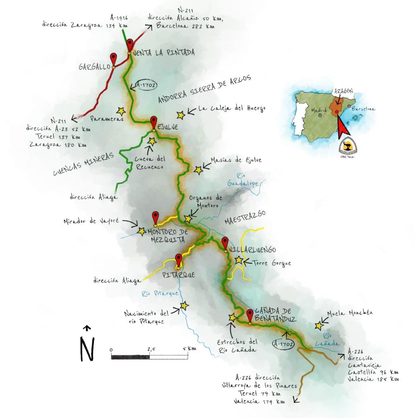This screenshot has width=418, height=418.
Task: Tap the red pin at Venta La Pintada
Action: click(x=130, y=44)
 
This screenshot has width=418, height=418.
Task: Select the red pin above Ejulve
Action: click(x=153, y=122)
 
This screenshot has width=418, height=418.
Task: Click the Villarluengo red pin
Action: click(x=225, y=242)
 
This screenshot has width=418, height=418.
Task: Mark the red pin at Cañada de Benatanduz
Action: click(x=250, y=315)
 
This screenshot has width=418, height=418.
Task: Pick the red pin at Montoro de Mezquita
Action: click(x=155, y=217)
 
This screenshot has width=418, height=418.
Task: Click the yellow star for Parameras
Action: click(x=121, y=111)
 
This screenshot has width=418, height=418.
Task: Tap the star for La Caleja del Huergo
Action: click(x=181, y=115)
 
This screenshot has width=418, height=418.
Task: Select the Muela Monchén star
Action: click(x=318, y=326)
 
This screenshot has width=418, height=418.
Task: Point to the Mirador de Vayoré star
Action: click(x=141, y=231)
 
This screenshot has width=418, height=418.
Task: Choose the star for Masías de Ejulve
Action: click(x=198, y=170)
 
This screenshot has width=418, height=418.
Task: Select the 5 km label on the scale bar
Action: click(x=189, y=349)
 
